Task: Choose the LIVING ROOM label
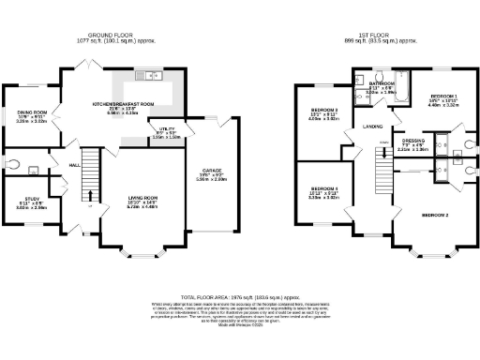(x=143, y=197)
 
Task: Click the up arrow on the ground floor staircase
(x=91, y=196)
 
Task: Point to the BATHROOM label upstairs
(x=382, y=83)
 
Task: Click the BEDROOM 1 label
(x=442, y=97)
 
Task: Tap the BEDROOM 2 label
(x=435, y=216)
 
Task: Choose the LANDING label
(x=371, y=125)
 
